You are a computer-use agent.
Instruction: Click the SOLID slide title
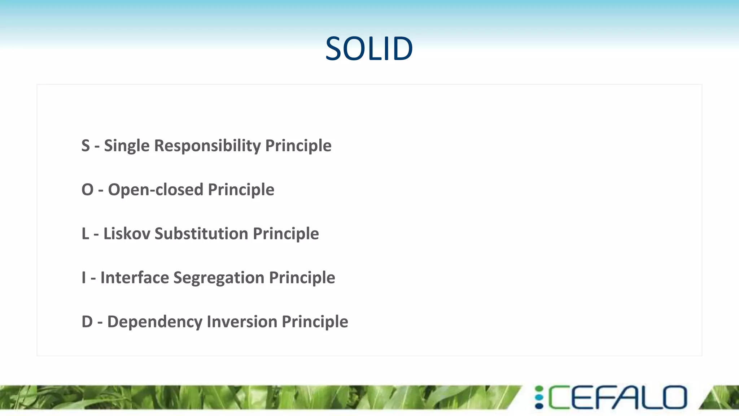[x=369, y=48]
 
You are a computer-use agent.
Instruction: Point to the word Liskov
[x=127, y=234]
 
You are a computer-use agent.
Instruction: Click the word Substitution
[x=201, y=234]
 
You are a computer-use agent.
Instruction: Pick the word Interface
[x=134, y=278]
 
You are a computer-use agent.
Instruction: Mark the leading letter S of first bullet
[x=86, y=146]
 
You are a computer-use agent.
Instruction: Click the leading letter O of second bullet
[x=87, y=190]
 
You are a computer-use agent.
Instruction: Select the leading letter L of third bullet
[x=85, y=234]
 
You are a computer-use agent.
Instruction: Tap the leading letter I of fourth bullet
[x=84, y=278]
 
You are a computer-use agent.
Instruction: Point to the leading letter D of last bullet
[x=87, y=322]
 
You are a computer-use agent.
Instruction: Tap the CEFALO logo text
[x=617, y=398]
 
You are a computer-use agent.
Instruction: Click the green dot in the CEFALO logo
[x=539, y=389]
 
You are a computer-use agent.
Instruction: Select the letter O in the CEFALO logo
[x=674, y=398]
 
